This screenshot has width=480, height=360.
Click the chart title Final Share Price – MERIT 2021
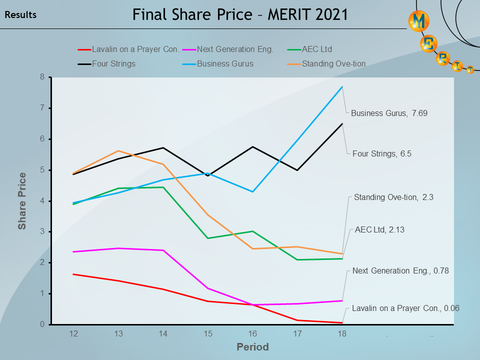pos(240,14)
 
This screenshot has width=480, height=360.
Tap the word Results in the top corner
pos(20,15)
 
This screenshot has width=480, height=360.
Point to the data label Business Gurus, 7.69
pos(389,113)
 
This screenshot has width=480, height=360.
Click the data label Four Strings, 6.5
pos(381,154)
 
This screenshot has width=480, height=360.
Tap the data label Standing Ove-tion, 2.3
pos(393,197)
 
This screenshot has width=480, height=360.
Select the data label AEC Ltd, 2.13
pos(379,230)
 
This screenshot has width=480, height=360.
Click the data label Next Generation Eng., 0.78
pos(400,271)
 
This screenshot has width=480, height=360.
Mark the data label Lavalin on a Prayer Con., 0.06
pos(405,308)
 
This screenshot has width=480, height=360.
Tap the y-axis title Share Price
pos(22,200)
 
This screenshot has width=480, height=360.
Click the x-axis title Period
pos(252,347)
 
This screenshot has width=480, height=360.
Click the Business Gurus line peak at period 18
pos(342,87)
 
